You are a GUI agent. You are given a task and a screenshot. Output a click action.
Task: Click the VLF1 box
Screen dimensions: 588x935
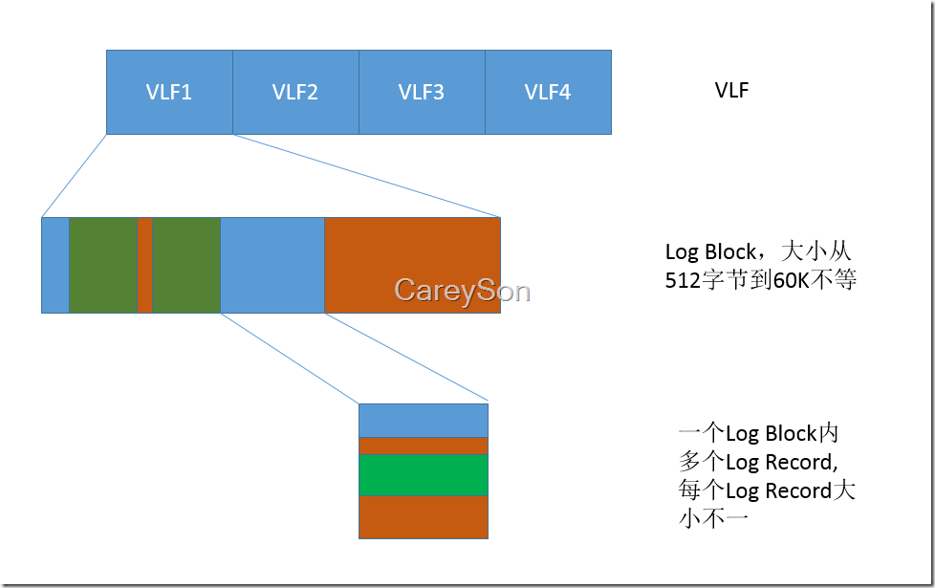(x=169, y=92)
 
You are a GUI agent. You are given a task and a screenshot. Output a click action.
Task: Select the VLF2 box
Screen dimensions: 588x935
(x=295, y=92)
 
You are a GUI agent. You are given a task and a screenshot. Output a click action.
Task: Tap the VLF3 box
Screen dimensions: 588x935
(x=422, y=92)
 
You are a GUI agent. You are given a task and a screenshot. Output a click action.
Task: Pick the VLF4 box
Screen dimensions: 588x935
(x=548, y=92)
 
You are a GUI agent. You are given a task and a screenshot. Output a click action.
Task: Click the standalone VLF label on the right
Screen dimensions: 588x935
(x=731, y=91)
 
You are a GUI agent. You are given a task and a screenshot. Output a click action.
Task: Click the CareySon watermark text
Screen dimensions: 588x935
(x=462, y=290)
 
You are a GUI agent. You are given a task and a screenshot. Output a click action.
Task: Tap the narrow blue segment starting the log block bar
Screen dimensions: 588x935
(x=55, y=265)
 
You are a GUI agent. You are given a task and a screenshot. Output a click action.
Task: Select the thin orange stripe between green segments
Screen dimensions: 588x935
(x=144, y=265)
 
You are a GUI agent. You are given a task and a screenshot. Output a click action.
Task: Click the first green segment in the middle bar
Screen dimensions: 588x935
(x=103, y=265)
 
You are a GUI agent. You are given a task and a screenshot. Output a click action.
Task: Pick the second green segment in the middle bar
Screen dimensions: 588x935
(x=186, y=265)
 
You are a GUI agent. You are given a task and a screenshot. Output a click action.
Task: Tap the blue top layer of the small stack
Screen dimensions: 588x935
(x=423, y=420)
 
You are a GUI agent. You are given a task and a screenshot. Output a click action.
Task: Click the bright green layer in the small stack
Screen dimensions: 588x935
(x=423, y=474)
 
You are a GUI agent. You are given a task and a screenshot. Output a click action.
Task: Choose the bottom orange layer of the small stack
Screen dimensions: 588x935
(x=423, y=516)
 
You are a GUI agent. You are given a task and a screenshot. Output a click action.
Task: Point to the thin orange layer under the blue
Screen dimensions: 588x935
(x=423, y=446)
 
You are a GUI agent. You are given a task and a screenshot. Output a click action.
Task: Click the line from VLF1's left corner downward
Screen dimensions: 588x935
(x=75, y=176)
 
